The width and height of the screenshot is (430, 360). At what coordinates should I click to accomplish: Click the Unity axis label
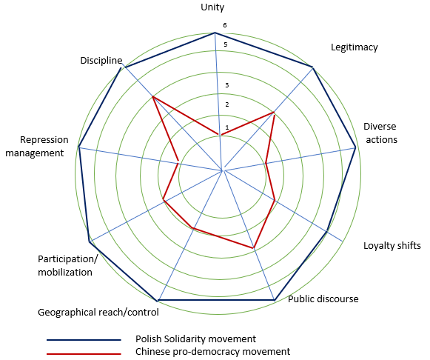tap(212, 7)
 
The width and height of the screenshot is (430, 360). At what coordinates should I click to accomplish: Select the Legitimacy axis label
tap(355, 47)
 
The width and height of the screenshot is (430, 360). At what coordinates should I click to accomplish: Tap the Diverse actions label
tap(380, 133)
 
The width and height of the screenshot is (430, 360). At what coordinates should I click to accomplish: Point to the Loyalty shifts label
tap(392, 246)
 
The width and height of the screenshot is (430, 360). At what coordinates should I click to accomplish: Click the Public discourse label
tap(323, 299)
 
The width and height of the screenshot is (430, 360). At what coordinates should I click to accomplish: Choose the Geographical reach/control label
tap(98, 313)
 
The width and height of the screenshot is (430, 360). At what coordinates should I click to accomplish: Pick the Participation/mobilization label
tap(67, 266)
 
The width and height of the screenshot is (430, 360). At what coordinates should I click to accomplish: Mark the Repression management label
tap(37, 146)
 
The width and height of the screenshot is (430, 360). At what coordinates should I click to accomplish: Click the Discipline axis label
tap(101, 60)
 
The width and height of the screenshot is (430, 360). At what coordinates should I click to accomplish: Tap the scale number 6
tap(225, 25)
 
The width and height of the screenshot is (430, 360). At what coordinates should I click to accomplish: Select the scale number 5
tap(226, 44)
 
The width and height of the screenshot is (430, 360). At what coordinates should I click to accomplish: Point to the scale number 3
tap(226, 85)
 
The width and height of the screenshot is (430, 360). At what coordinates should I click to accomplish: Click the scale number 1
tap(227, 127)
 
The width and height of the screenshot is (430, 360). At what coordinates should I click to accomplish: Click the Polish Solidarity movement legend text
tap(195, 339)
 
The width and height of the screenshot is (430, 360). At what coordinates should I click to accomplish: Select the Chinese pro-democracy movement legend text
tap(213, 352)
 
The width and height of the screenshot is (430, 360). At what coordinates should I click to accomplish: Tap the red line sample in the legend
tap(84, 354)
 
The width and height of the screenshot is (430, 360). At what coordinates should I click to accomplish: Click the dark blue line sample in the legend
tap(84, 340)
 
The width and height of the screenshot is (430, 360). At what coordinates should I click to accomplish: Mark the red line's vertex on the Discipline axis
tap(153, 96)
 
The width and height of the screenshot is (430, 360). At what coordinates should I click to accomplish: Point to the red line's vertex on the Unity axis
tap(220, 135)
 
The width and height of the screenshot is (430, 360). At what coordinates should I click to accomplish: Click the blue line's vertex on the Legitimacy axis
tap(312, 67)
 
